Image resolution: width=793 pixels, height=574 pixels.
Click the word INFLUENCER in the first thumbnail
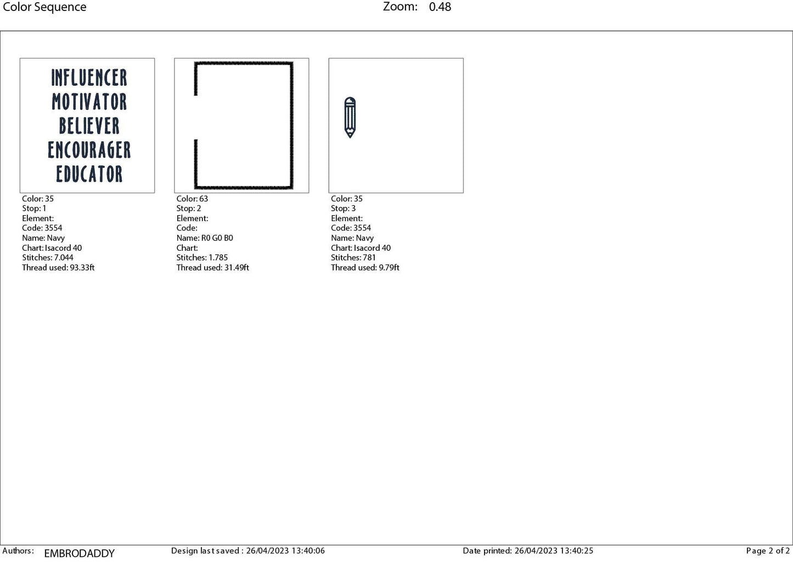click(x=89, y=78)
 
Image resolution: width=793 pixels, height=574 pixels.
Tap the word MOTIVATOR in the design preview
click(x=89, y=102)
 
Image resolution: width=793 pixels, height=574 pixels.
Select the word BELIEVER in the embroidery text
click(x=89, y=126)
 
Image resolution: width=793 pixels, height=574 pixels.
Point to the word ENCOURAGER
click(x=89, y=150)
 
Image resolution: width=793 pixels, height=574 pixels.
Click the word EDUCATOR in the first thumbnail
click(x=89, y=174)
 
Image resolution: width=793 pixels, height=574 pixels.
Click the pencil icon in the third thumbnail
click(x=350, y=117)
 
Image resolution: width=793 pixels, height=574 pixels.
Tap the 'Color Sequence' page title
click(x=44, y=7)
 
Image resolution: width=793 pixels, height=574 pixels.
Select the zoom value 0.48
click(x=440, y=7)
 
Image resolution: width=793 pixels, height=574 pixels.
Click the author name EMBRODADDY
click(x=79, y=553)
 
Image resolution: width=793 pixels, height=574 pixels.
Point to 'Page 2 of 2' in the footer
click(x=768, y=550)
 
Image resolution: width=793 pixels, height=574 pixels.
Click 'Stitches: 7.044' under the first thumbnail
click(x=48, y=257)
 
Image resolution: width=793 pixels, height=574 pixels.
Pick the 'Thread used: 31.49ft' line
click(x=212, y=267)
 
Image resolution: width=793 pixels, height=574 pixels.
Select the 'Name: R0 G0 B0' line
click(x=205, y=238)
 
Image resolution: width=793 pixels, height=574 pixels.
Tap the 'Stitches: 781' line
click(x=353, y=257)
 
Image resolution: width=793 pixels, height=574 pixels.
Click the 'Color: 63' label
click(x=192, y=199)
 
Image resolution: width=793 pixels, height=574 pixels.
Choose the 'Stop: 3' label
click(x=343, y=209)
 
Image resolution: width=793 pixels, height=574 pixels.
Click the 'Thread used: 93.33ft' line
click(x=58, y=267)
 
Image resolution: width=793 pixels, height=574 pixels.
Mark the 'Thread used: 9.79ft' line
click(x=365, y=267)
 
